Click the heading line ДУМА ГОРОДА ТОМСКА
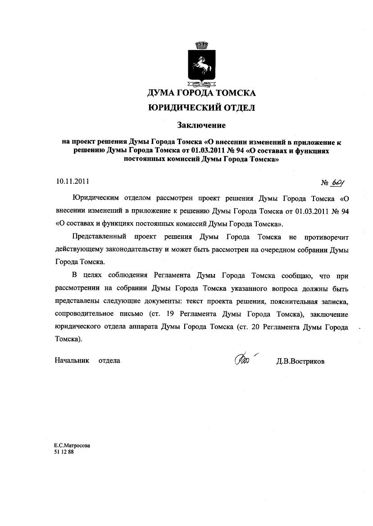[201, 93]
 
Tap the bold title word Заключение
[201, 124]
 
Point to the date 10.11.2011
[73, 182]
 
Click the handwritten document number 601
[337, 182]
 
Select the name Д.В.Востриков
[300, 361]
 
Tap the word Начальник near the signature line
[72, 360]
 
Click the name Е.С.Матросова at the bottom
[72, 445]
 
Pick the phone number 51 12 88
[64, 451]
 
